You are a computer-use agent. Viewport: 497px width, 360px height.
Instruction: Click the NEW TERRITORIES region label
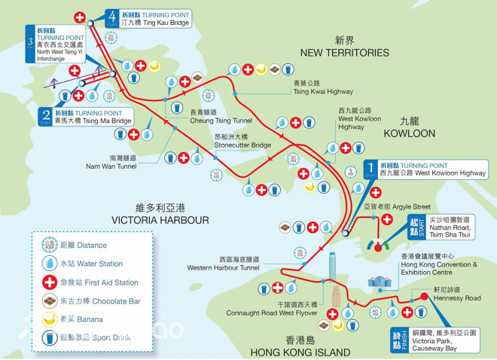[x=344, y=47]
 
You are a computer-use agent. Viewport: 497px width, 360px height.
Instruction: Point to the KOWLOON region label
[x=409, y=127]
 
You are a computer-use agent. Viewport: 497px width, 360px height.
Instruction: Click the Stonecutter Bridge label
[x=242, y=141]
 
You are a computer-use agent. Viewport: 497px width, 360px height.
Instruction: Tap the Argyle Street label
[x=407, y=206]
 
